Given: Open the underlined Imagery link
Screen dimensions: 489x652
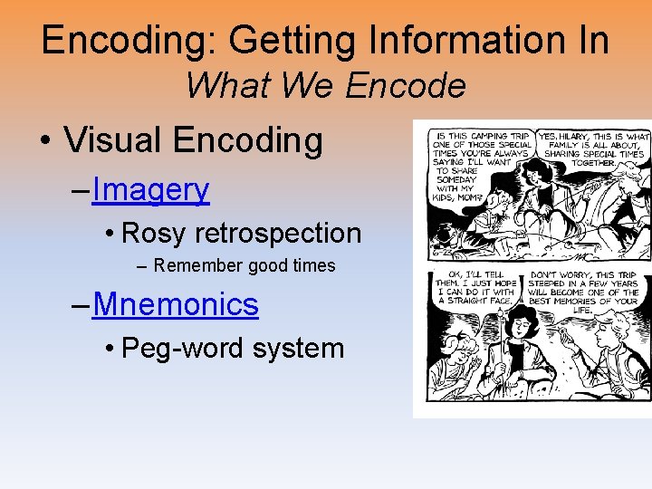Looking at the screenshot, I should [150, 189].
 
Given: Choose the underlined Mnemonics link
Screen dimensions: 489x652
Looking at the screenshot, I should [176, 304].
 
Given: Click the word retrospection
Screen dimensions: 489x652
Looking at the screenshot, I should [277, 234].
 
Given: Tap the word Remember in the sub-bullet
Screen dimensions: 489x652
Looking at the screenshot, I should [197, 266].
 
